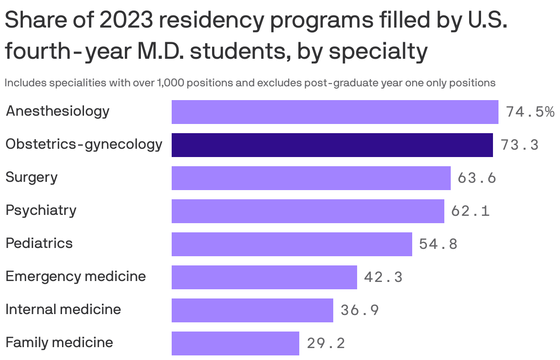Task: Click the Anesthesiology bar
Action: tap(335, 112)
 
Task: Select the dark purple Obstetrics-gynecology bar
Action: tap(332, 145)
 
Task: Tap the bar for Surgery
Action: tap(311, 178)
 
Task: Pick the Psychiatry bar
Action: tap(308, 211)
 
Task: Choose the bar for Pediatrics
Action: tap(291, 244)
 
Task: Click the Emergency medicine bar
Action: tap(264, 277)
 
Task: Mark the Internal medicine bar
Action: tap(252, 310)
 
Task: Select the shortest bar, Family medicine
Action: tap(235, 343)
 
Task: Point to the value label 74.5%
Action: tap(530, 112)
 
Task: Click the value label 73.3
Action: tap(520, 145)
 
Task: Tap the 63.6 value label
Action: tap(477, 178)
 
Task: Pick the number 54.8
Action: tap(438, 244)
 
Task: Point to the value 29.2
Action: tap(326, 343)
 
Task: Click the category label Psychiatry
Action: tap(41, 211)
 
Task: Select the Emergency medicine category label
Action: tap(75, 276)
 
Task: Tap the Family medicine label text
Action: tap(59, 343)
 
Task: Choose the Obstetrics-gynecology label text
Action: tap(84, 145)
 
